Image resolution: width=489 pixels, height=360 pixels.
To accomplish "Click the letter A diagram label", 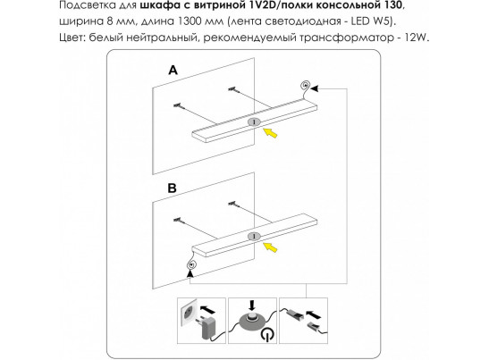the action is [173, 71].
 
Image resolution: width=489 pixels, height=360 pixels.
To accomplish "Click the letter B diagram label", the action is [173, 188].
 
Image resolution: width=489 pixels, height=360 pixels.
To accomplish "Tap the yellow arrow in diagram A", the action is [270, 133].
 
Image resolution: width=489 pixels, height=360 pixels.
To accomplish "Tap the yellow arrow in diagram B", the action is [270, 247].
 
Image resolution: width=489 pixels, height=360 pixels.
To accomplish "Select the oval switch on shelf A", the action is [255, 122].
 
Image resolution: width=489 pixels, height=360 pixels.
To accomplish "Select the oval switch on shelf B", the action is [255, 237].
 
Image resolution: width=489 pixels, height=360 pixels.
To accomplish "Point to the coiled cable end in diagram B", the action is [191, 265].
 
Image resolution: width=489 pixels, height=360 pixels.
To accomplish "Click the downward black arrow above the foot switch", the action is [252, 306].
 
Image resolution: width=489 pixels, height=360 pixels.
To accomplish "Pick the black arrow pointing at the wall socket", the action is [207, 310].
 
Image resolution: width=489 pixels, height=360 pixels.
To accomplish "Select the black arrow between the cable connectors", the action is [314, 314].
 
